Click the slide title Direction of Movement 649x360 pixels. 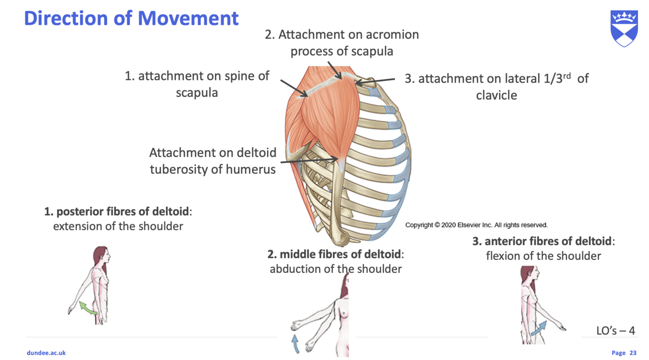coord(131,18)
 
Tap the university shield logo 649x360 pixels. coord(624,29)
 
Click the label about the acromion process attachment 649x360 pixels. coord(342,43)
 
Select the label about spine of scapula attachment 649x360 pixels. coord(197,84)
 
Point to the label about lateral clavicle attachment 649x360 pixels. coord(496,86)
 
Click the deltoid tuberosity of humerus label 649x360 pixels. coord(213,161)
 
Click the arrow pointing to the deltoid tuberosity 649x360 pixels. coord(309,161)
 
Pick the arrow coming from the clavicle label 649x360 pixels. coord(376,81)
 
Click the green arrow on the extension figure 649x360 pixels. coord(88,308)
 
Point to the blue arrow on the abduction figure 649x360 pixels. coord(295,342)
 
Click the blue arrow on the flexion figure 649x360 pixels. coord(538,328)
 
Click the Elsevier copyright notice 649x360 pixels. coord(476,225)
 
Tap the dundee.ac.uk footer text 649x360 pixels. coord(46,353)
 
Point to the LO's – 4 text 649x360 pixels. coord(615,331)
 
